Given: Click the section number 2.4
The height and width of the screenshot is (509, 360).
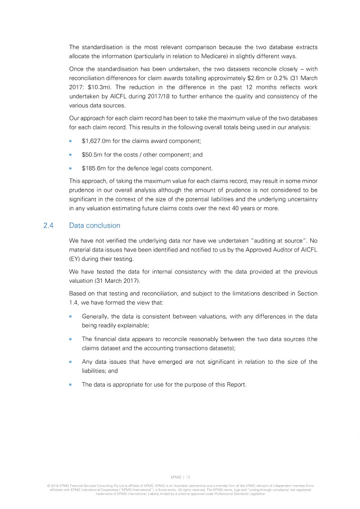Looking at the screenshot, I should coord(48,225).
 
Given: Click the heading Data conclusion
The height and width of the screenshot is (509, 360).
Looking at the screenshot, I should coord(94,225).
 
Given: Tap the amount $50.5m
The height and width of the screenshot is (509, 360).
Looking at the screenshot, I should coord(92,155).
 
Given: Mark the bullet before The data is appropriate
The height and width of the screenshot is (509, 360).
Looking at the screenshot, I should coord(71,384).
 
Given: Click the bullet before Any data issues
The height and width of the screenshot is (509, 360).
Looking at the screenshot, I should coord(71,362).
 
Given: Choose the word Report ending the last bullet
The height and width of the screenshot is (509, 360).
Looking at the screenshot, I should coord(235,384).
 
